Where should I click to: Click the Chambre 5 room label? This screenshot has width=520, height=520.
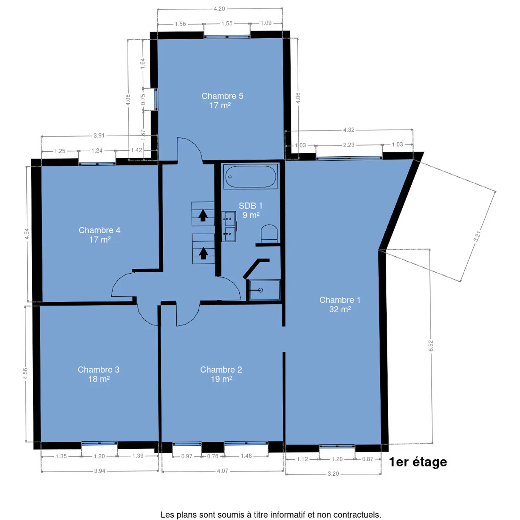[x=222, y=96]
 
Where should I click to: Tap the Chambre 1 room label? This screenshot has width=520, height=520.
[x=340, y=300]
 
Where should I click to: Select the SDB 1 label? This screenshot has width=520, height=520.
[x=250, y=205]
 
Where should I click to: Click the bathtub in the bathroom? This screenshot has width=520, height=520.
[x=250, y=177]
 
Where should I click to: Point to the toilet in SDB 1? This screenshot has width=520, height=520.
[x=269, y=234]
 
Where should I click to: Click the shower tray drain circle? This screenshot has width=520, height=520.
[x=260, y=290]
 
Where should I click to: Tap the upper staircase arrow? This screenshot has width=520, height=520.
[x=203, y=215]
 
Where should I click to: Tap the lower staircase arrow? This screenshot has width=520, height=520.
[x=203, y=253]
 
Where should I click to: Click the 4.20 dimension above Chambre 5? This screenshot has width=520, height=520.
[x=219, y=9]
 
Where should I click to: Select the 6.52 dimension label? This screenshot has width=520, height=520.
[x=431, y=346]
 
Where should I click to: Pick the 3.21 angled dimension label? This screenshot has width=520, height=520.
[x=477, y=236]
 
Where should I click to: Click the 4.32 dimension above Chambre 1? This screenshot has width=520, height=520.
[x=348, y=130]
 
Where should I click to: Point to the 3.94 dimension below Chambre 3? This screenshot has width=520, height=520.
[x=100, y=471]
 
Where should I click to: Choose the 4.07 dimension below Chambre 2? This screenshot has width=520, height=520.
[x=223, y=471]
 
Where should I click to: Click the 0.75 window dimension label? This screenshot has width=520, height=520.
[x=143, y=99]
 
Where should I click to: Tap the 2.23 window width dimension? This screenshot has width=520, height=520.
[x=348, y=145]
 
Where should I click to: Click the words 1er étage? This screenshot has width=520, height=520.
[x=418, y=462]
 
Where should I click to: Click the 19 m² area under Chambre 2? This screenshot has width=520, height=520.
[x=221, y=379]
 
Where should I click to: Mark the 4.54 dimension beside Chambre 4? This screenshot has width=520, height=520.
[x=27, y=234]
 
